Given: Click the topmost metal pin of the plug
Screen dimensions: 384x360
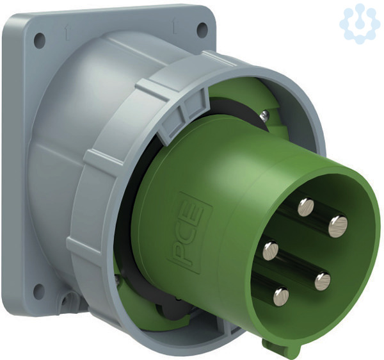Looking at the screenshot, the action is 306,208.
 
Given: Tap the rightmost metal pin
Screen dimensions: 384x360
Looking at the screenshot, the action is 338,226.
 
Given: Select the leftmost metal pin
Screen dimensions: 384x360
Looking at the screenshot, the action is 271,250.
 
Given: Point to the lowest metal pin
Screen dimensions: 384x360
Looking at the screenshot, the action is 281,297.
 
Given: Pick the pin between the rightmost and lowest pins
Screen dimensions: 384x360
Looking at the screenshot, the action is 323,281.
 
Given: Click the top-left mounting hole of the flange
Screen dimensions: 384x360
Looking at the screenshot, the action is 40,40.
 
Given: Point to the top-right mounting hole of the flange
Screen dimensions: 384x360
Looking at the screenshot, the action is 202,30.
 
